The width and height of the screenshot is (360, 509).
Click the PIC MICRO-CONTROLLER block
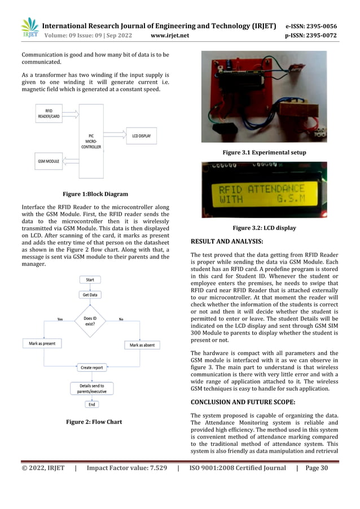click(91, 141)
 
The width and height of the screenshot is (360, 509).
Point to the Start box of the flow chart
click(90, 280)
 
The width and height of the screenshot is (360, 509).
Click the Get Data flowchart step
click(90, 295)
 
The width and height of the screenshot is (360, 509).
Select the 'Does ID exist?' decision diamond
click(90, 321)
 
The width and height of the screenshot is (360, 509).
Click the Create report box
click(91, 367)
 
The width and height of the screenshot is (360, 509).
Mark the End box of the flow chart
click(90, 404)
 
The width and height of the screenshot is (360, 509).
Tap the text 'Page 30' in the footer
click(319, 468)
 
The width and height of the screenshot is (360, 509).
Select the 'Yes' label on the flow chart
click(60, 319)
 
